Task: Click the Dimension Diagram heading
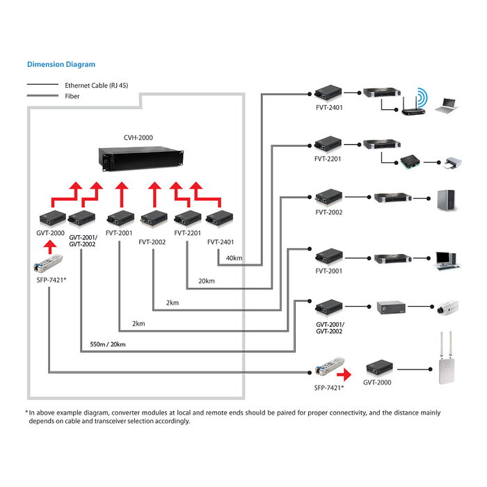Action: (61, 64)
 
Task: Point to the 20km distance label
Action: (206, 281)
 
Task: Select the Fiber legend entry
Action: (72, 97)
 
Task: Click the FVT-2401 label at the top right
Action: (328, 108)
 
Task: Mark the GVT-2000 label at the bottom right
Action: (377, 383)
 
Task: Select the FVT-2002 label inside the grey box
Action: (152, 241)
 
